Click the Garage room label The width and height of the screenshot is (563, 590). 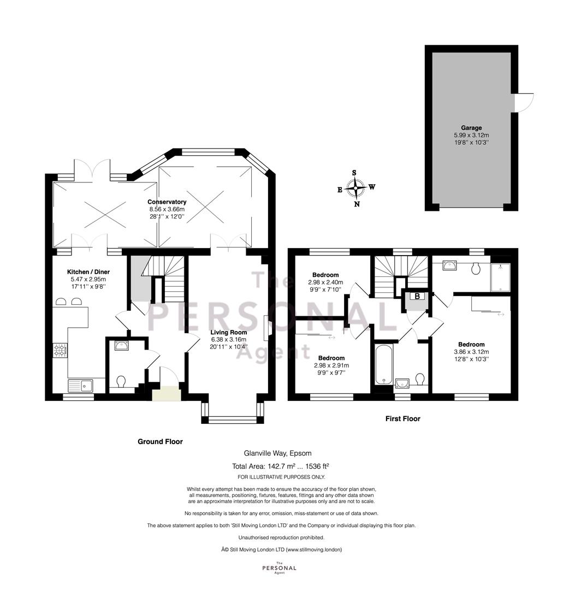(471, 128)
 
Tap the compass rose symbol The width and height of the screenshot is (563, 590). (356, 187)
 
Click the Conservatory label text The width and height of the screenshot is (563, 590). (167, 202)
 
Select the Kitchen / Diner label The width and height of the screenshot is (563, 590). (88, 272)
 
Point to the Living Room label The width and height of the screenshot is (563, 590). (228, 332)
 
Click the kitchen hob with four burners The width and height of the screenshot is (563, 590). (60, 350)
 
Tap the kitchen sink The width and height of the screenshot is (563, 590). (80, 386)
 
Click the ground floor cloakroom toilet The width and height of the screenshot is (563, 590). (121, 382)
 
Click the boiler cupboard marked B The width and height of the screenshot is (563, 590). (417, 296)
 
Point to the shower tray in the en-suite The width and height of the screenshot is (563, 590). (500, 278)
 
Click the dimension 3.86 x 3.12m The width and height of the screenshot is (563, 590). (471, 352)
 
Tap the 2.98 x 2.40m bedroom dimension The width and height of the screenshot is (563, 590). (325, 282)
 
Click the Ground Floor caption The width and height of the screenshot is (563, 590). (160, 441)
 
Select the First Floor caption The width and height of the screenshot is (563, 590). (403, 418)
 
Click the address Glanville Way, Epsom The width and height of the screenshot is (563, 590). (277, 453)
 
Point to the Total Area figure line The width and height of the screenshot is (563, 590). (281, 466)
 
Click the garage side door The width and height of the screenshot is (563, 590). (524, 102)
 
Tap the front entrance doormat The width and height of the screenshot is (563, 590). (167, 393)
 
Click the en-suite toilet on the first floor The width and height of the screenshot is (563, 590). (476, 268)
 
